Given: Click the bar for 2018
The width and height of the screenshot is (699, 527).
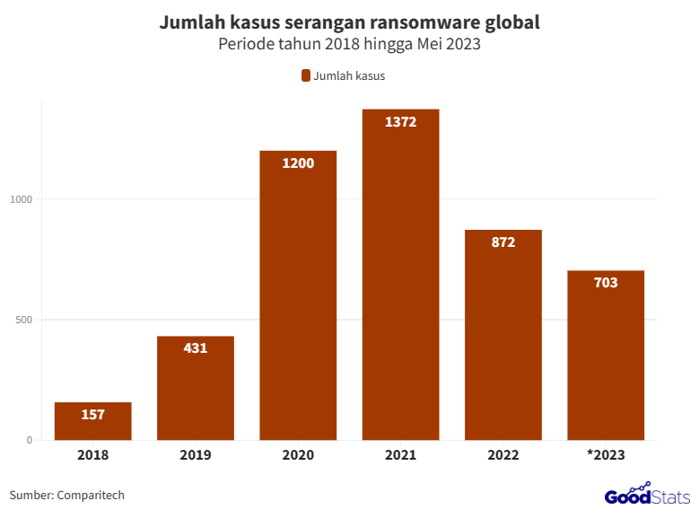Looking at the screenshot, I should coord(93,422).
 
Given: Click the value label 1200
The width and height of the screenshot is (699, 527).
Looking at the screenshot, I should coord(298,163).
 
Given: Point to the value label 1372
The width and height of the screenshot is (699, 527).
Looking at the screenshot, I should coord(400,122).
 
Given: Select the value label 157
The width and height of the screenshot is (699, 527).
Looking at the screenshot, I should coord(93,415).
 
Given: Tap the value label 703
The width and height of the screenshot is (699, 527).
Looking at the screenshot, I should coord(606,283).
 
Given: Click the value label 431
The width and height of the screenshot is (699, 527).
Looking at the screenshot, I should coord(196,348).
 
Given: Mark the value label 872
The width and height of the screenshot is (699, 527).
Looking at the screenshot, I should coord(503,242).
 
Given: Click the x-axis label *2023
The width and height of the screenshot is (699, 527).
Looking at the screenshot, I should coord(606,455).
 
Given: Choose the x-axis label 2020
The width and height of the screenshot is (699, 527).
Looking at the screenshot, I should coord(298,455).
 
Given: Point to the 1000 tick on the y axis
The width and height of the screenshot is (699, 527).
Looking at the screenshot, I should coord(22,199).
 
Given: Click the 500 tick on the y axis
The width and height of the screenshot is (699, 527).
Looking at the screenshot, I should coord(25,320).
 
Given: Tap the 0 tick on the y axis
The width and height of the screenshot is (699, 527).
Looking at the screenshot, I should coord(29,440).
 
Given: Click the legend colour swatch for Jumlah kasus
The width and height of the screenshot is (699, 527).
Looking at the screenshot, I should coord(305,75).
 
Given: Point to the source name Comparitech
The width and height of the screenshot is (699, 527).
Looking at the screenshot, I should coord(90,495).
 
